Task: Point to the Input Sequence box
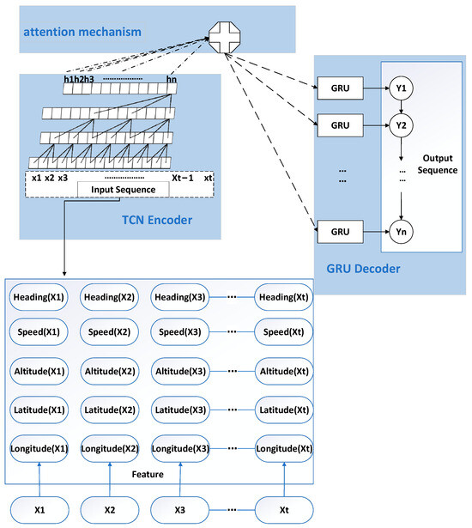click(118, 190)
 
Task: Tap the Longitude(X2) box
click(110, 448)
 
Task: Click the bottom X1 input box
click(39, 509)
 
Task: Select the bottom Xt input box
click(284, 509)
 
